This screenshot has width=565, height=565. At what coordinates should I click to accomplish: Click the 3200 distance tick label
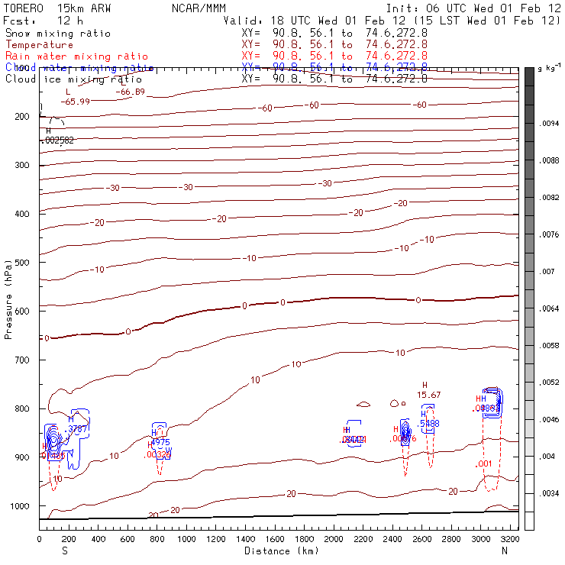(511, 539)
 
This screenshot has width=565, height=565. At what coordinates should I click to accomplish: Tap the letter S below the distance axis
(64, 550)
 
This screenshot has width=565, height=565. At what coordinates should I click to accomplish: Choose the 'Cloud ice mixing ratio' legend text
(73, 79)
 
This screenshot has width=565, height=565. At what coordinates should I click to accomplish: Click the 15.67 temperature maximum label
(429, 395)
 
